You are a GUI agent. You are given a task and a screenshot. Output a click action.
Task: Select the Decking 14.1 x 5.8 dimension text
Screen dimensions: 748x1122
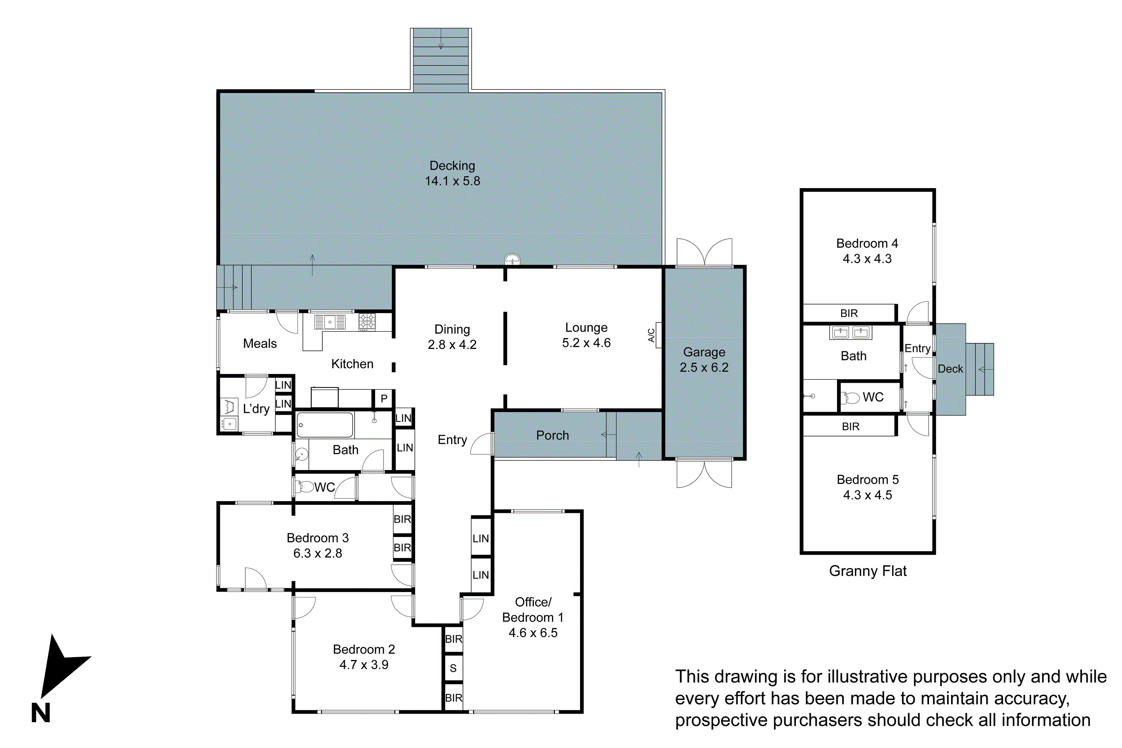(x=452, y=181)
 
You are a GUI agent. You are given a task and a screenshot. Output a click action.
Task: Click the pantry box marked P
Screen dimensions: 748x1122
(x=384, y=398)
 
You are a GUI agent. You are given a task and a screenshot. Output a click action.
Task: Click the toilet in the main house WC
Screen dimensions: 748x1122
(x=303, y=487)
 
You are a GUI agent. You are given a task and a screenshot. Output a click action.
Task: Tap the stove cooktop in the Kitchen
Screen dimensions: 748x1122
(x=367, y=322)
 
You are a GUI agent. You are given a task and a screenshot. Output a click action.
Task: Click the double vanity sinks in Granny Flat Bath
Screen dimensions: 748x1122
(x=850, y=332)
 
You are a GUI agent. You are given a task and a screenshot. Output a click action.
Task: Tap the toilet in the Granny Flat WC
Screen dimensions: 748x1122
(x=850, y=397)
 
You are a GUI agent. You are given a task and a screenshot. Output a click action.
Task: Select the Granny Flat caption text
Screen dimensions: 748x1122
(x=867, y=571)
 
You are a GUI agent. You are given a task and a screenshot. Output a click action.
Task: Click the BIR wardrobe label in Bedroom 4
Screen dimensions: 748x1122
(x=849, y=313)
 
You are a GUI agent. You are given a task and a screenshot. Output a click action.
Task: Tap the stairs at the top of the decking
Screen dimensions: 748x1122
(x=441, y=59)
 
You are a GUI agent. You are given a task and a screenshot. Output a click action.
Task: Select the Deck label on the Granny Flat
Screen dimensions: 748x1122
(x=950, y=369)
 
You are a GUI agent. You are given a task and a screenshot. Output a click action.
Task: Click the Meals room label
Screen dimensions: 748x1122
(x=260, y=343)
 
